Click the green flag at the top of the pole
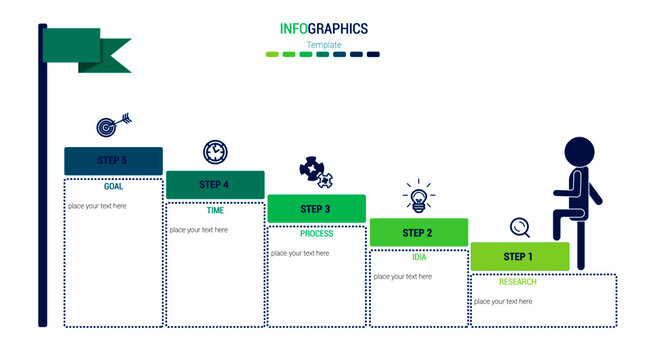click(x=95, y=48)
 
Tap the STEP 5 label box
click(x=113, y=161)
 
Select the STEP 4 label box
click(x=215, y=184)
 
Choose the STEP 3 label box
click(x=316, y=209)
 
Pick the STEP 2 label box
click(x=418, y=233)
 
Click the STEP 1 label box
click(x=519, y=257)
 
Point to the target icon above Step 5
click(x=111, y=127)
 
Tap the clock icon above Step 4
click(x=215, y=152)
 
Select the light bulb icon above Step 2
click(x=418, y=197)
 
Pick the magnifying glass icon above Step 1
click(x=520, y=227)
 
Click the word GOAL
click(x=114, y=187)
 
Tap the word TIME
click(x=215, y=211)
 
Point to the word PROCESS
click(x=316, y=234)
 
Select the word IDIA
click(x=419, y=257)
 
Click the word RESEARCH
click(x=518, y=282)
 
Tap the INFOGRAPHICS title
click(x=324, y=29)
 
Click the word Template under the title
click(x=324, y=45)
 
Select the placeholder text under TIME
click(x=199, y=230)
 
